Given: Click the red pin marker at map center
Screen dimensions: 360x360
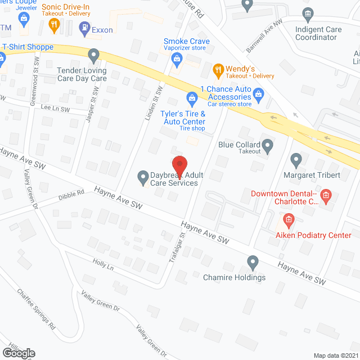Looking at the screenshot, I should point(179,165).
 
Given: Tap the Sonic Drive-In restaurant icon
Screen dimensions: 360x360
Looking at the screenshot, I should point(54,24).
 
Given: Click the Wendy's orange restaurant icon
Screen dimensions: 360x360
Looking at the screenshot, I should point(218,70).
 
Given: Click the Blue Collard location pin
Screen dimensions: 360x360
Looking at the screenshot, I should point(268,147).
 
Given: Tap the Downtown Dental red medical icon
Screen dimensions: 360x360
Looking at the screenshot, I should point(326,196).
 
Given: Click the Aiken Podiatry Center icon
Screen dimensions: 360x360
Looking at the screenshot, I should point(289,219).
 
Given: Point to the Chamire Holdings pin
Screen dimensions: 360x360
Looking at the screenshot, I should point(253,262).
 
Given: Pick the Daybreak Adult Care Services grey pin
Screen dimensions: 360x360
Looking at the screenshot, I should point(143,178).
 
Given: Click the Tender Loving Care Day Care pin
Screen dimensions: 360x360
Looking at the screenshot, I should point(94,55).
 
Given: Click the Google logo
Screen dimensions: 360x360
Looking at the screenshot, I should point(18,353).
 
